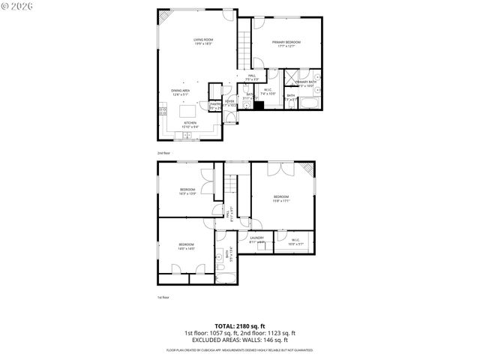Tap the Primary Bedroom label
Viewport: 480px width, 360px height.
(286, 43)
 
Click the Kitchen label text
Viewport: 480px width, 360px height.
(190, 124)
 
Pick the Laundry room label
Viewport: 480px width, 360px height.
(257, 240)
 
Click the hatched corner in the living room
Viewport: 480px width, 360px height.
(163, 17)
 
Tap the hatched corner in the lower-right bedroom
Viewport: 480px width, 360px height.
(308, 168)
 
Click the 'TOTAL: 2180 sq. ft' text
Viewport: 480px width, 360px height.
(240, 325)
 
